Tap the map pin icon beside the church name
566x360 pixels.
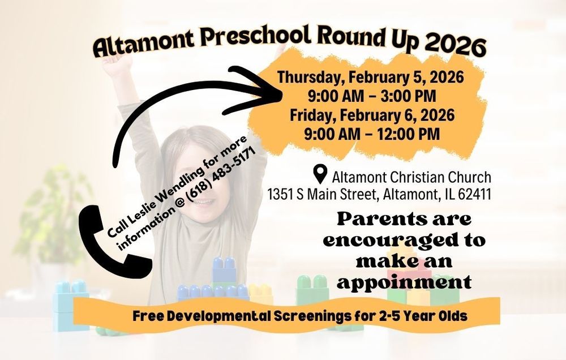click(x=321, y=173)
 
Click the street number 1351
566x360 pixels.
click(x=281, y=195)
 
